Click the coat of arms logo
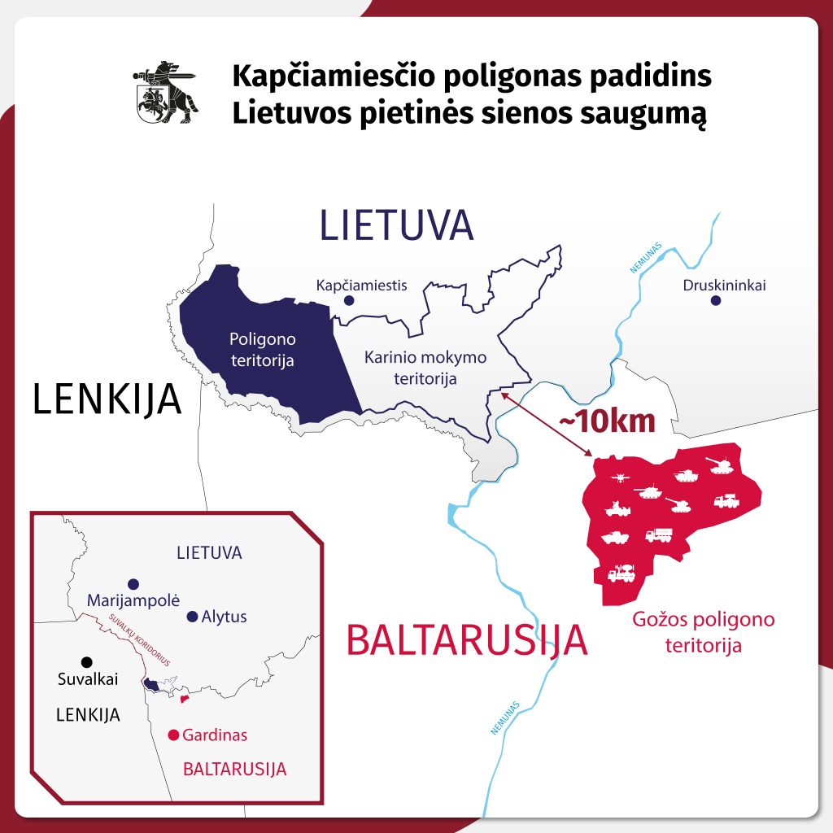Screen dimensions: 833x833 pyautogui.click(x=165, y=92)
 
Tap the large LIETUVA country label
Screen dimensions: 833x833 pyautogui.click(x=396, y=225)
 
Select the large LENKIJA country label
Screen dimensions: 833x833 pyautogui.click(x=107, y=400)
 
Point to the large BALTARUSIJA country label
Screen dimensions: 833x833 pyautogui.click(x=467, y=640)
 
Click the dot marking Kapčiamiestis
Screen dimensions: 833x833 pyautogui.click(x=349, y=300)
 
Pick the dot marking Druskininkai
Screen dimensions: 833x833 pyautogui.click(x=716, y=300)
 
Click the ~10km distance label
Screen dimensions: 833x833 pyautogui.click(x=606, y=421)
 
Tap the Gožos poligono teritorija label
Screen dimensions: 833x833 pyautogui.click(x=704, y=632)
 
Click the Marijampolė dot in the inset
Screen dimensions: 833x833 pyautogui.click(x=133, y=584)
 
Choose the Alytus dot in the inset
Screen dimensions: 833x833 pyautogui.click(x=192, y=617)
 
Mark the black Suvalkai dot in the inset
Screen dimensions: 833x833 pyautogui.click(x=87, y=661)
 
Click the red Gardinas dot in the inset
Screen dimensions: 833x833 pyautogui.click(x=172, y=735)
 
